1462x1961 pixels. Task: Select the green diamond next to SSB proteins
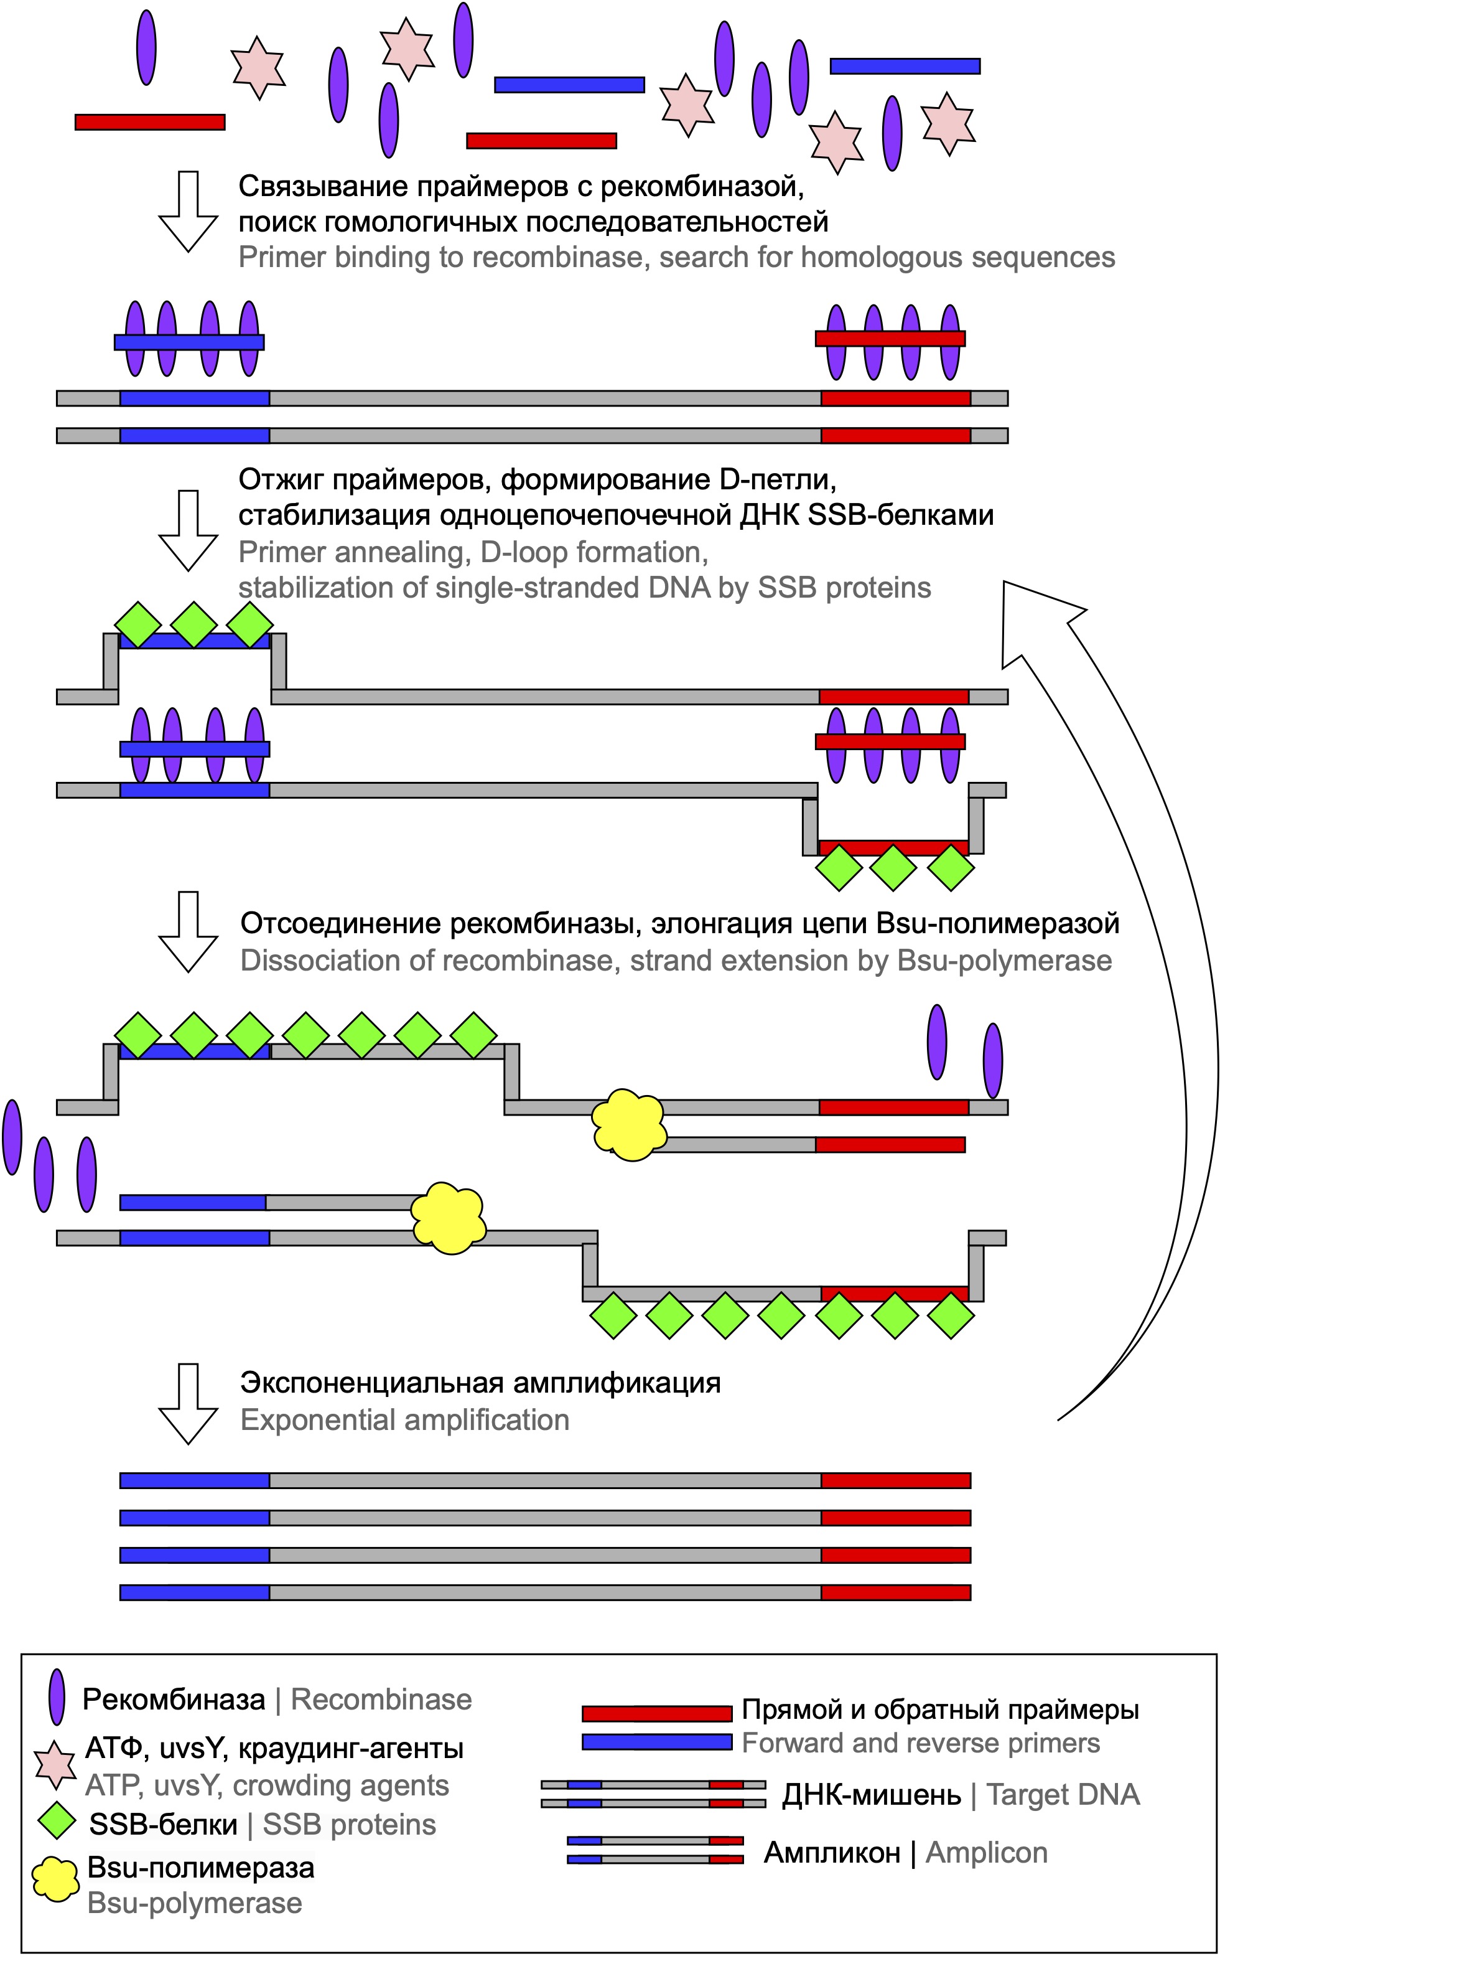[x=57, y=1825]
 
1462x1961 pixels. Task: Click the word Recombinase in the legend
[x=381, y=1700]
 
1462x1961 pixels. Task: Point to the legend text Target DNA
[x=1063, y=1795]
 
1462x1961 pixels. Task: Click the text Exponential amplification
[x=404, y=1420]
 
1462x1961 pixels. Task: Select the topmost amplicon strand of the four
[x=545, y=1480]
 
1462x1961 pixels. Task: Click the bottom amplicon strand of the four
[x=545, y=1592]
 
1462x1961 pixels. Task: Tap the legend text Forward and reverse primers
[x=920, y=1743]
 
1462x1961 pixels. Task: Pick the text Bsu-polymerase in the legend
[x=195, y=1904]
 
